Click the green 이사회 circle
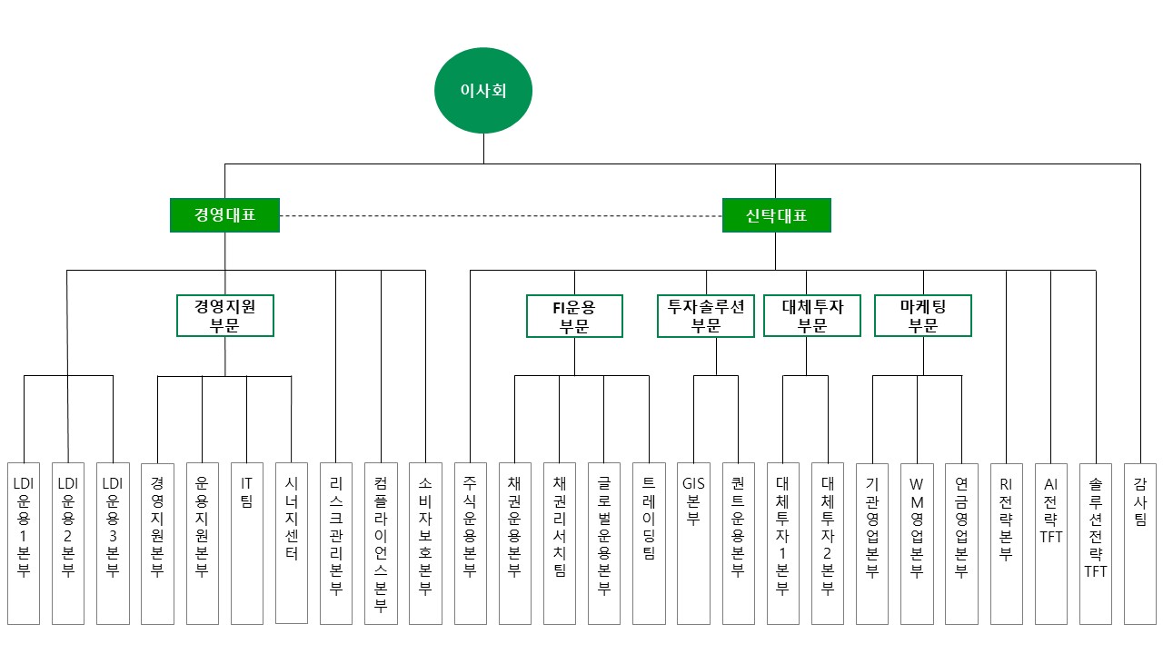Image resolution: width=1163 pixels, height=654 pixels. click(483, 90)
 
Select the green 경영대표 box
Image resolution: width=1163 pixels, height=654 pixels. click(224, 215)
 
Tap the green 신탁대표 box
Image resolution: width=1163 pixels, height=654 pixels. click(777, 215)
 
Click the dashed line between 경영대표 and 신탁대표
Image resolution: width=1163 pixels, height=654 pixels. click(501, 216)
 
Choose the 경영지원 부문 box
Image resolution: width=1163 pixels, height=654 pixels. click(225, 315)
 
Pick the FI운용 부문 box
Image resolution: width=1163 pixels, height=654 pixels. click(574, 316)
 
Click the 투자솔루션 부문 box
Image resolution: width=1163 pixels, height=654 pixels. click(706, 316)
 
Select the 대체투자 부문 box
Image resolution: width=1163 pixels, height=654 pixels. click(812, 315)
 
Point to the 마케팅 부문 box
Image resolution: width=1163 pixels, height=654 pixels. click(923, 315)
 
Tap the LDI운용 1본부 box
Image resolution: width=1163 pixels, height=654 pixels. click(24, 543)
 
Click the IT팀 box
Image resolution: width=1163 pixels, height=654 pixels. click(246, 543)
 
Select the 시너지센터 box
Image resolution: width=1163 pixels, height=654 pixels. click(292, 543)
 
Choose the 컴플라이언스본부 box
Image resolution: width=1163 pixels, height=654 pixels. click(381, 543)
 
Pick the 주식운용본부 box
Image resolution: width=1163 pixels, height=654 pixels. click(471, 543)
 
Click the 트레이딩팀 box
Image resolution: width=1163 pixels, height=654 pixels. click(649, 543)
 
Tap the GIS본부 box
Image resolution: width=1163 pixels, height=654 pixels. click(693, 543)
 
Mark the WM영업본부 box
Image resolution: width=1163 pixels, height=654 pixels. click(917, 543)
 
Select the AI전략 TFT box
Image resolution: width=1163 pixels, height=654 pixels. click(1051, 543)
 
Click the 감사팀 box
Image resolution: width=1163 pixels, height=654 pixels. click(1140, 543)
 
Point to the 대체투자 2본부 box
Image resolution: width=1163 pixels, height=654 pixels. click(828, 543)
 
